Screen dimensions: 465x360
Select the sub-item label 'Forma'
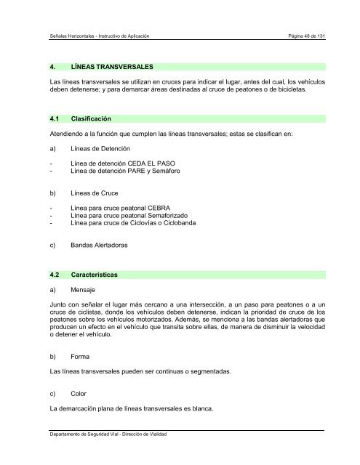click(80, 357)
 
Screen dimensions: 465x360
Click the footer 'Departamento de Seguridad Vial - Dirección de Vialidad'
click(103, 434)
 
